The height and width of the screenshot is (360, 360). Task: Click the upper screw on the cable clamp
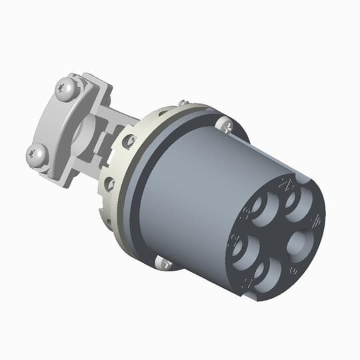click(x=66, y=87)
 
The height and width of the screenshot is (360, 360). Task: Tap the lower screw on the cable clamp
click(x=36, y=155)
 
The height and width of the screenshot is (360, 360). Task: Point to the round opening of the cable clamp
click(x=79, y=127)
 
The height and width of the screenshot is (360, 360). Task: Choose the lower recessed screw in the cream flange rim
click(x=109, y=182)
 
